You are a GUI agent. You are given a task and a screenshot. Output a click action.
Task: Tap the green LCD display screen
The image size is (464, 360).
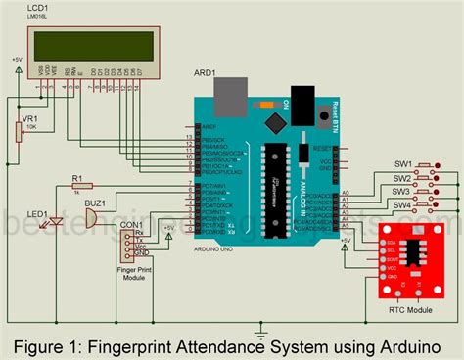tap(93, 45)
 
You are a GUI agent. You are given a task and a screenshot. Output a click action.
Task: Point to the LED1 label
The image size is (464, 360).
tap(38, 214)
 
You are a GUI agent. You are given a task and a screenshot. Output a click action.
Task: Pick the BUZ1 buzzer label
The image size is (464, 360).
tap(96, 203)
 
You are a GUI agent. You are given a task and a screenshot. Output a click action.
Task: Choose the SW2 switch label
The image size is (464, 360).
tap(402, 178)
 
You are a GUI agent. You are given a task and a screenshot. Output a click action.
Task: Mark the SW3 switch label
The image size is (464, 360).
tap(402, 192)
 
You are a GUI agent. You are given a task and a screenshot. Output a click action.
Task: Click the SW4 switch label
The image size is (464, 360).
tap(402, 205)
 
